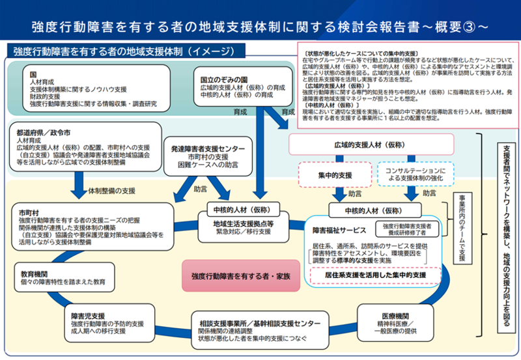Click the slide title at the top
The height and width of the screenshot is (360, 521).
point(260,27)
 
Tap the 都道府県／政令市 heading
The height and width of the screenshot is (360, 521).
point(44,132)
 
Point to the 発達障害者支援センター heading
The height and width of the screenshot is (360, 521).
point(208,148)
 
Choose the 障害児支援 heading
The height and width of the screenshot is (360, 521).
point(88,315)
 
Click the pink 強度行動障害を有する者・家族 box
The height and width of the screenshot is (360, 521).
point(241,276)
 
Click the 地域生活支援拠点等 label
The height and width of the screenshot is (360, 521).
point(243,223)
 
